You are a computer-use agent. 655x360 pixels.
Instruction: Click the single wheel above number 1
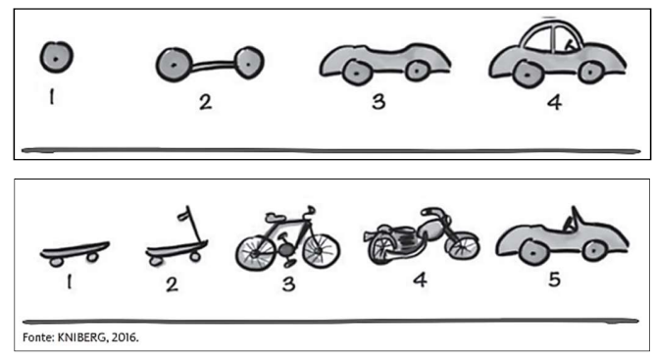pyautogui.click(x=57, y=57)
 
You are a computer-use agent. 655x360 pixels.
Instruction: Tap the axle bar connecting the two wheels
pyautogui.click(x=214, y=65)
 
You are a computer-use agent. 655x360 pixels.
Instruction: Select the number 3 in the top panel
pyautogui.click(x=378, y=102)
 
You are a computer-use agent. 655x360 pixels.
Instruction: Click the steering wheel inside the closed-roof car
pyautogui.click(x=569, y=45)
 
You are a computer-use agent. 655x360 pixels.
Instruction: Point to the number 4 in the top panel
pyautogui.click(x=554, y=102)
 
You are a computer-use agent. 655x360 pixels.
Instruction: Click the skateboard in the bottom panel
pyautogui.click(x=75, y=253)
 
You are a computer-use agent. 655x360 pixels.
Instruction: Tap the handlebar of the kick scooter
pyautogui.click(x=184, y=216)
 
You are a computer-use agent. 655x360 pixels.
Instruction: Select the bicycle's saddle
pyautogui.click(x=275, y=217)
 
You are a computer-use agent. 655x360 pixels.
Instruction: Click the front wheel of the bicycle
pyautogui.click(x=322, y=251)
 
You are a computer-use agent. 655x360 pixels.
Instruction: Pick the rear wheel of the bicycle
pyautogui.click(x=255, y=253)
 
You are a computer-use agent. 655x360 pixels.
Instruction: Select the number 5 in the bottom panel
pyautogui.click(x=554, y=280)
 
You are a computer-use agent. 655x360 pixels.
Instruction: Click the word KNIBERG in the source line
pyautogui.click(x=81, y=337)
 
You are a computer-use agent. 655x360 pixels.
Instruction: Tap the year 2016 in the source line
pyautogui.click(x=125, y=337)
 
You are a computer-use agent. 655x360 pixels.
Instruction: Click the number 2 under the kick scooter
pyautogui.click(x=172, y=284)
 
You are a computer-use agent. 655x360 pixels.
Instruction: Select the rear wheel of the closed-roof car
pyautogui.click(x=528, y=75)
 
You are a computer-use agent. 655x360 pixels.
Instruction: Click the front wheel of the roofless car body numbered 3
pyautogui.click(x=416, y=72)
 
